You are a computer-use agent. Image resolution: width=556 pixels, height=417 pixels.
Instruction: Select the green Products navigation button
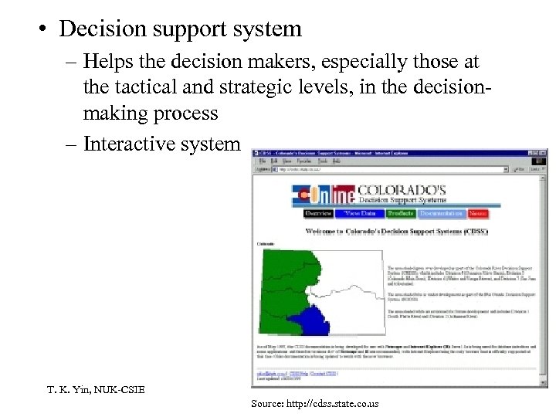pos(401,214)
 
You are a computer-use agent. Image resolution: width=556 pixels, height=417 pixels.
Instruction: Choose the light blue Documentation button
pos(442,214)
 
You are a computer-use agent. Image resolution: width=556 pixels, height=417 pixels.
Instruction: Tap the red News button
pos(478,214)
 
